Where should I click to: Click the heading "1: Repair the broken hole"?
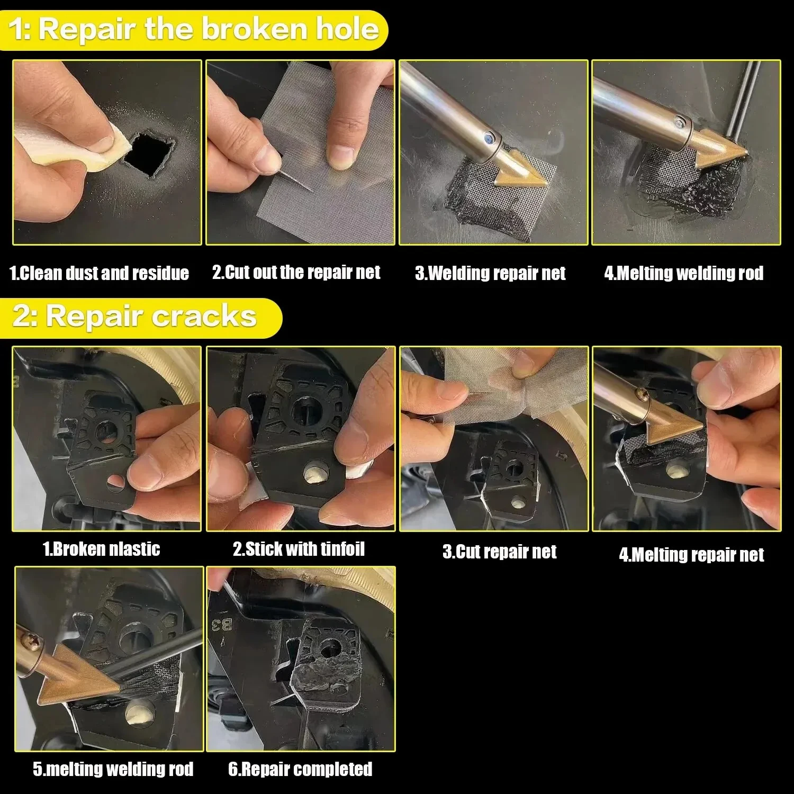[194, 30]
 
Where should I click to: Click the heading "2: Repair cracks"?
[135, 317]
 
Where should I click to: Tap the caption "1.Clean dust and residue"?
[100, 273]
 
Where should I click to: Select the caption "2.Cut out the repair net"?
[296, 272]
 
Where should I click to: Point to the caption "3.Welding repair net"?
[490, 273]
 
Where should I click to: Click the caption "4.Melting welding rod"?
[684, 273]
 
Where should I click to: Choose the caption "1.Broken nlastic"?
[102, 549]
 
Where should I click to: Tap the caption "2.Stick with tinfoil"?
[299, 549]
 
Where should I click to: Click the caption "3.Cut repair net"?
[500, 552]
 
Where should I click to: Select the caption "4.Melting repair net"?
[691, 555]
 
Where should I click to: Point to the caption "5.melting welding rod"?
[113, 769]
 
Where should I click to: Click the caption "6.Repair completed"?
[300, 769]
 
